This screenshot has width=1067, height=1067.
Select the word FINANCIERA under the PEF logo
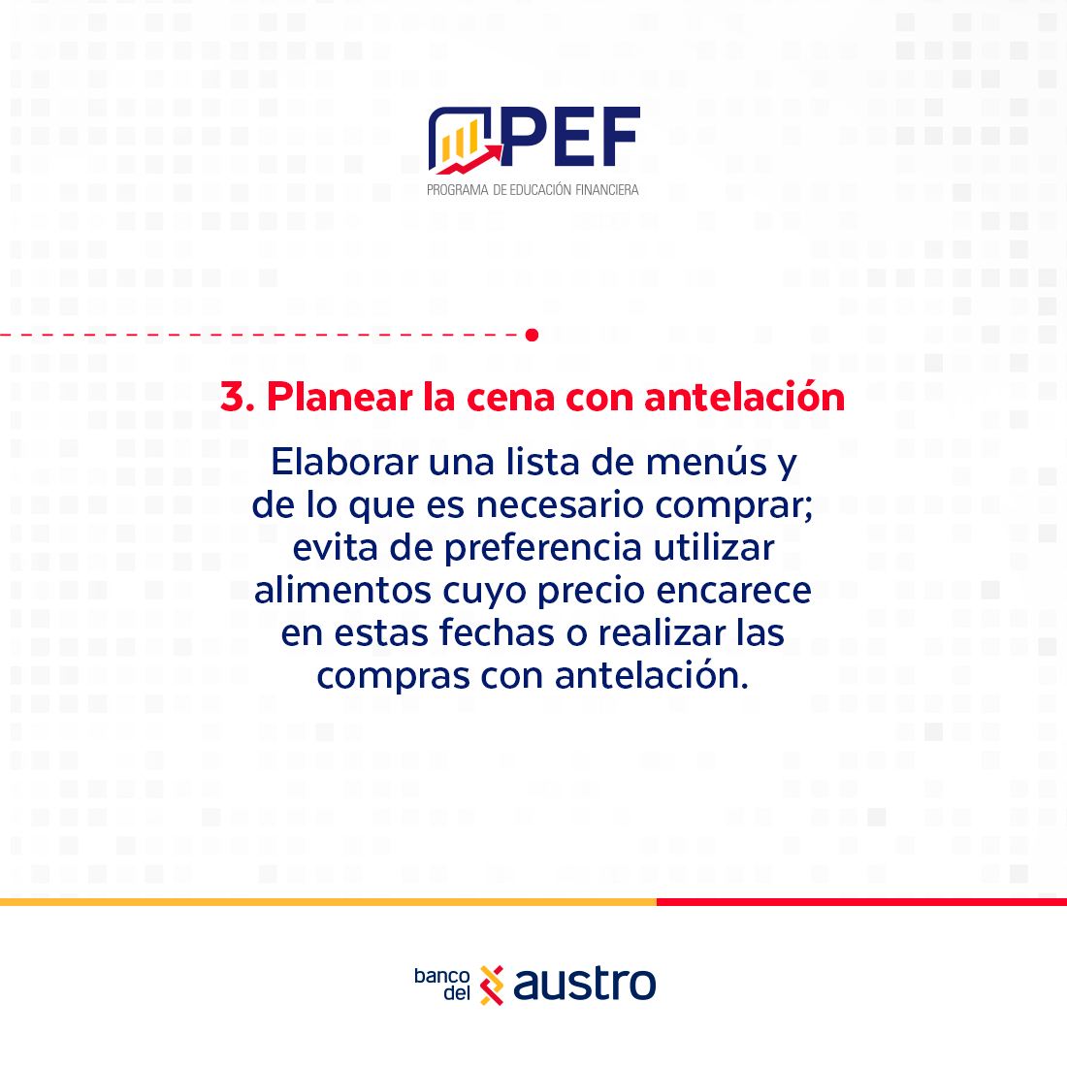coord(607,190)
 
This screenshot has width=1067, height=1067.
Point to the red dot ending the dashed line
coord(533,335)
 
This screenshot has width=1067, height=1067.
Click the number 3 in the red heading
coord(232,397)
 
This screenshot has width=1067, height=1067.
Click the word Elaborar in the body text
coord(344,462)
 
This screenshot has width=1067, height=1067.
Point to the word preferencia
coord(543,548)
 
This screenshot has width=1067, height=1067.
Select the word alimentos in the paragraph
coord(342,590)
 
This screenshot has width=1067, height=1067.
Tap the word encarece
coord(733,591)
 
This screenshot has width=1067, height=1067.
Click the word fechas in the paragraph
coord(497,632)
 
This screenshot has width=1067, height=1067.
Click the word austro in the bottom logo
coord(585,984)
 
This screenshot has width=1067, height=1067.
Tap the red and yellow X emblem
coord(492,985)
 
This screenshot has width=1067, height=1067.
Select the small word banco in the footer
coord(441,976)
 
